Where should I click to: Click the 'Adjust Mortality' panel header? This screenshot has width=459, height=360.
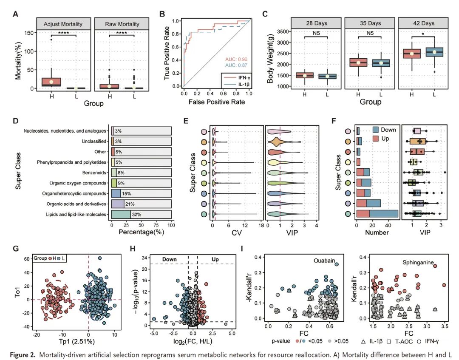[63, 24]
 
